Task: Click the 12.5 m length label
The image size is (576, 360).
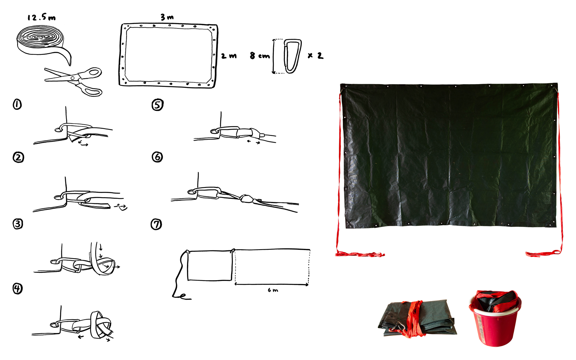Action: (42, 17)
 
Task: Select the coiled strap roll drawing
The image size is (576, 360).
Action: (44, 45)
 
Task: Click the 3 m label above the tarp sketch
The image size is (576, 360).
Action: (167, 17)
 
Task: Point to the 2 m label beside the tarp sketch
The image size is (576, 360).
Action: (229, 56)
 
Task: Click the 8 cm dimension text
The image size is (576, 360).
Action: (260, 56)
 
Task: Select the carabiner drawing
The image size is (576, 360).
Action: (293, 56)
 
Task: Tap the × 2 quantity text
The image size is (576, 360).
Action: (316, 56)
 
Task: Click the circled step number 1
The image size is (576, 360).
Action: (17, 105)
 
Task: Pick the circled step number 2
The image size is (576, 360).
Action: (18, 157)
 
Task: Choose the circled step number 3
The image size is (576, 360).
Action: (18, 224)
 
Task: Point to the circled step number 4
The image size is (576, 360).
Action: (17, 289)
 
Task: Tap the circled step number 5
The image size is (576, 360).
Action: (157, 105)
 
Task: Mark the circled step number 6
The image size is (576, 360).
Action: (157, 157)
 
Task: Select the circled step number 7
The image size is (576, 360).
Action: (156, 224)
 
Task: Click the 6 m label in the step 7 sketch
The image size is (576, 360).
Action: (273, 290)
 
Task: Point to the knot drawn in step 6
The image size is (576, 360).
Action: (247, 199)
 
